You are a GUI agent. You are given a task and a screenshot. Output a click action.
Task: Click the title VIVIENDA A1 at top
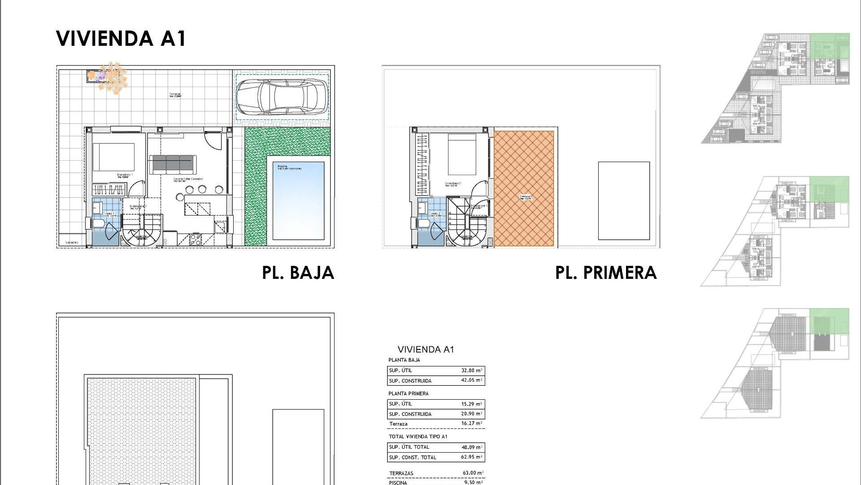coord(121,39)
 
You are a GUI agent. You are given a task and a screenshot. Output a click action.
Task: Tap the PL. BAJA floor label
coord(298,273)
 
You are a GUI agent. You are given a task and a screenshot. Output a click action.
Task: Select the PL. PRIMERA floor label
coord(606,273)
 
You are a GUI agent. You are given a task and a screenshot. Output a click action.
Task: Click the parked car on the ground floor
coord(282,97)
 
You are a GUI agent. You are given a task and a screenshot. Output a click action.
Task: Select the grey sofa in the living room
coord(173,163)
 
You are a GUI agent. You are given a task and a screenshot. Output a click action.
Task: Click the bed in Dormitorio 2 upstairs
coord(462,154)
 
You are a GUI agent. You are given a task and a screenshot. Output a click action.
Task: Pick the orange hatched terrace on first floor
coord(524,189)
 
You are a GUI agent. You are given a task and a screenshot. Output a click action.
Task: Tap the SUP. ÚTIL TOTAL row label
coord(409,447)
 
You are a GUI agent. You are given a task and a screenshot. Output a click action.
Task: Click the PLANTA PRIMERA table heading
coord(408,393)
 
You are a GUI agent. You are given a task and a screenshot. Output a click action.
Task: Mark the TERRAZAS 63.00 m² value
coord(473,473)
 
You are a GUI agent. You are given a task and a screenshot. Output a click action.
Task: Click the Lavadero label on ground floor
coord(72,242)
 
